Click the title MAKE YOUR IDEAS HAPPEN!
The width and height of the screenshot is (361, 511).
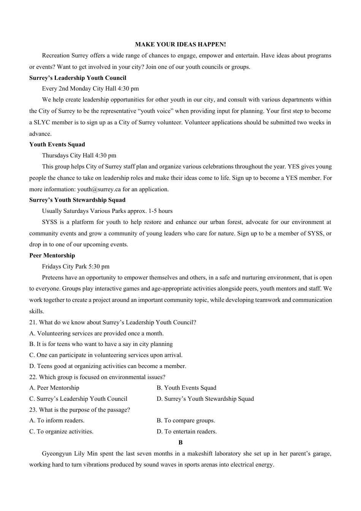point(180,44)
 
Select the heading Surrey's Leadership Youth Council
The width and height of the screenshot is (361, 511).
point(78,78)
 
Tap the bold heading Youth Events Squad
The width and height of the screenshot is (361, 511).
point(57,144)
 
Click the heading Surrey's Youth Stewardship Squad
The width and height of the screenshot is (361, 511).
point(77,200)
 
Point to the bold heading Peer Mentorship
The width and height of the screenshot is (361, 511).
point(52,255)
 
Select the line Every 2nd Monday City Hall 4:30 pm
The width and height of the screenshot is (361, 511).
point(90,89)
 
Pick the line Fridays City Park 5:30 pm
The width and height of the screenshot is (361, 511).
point(76,267)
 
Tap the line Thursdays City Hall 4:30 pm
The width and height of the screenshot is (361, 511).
point(79,156)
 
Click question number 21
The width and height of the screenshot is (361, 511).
point(33,322)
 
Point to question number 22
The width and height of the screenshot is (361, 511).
point(33,377)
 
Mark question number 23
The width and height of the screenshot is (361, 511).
point(33,410)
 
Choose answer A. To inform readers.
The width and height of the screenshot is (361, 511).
point(57,421)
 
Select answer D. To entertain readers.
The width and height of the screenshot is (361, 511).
point(187,432)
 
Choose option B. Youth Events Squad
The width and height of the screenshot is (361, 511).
point(186,388)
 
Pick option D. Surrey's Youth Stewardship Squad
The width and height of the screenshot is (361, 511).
point(205,399)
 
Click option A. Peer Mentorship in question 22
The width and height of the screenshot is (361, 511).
point(54,388)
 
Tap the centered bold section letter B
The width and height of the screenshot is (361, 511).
point(180,443)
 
